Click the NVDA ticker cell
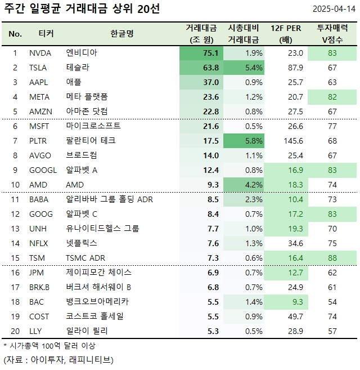tap(40, 53)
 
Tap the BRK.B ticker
tap(40, 287)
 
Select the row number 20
tap(15, 331)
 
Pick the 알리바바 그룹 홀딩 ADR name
tap(110, 199)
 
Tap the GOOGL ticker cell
tap(42, 170)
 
